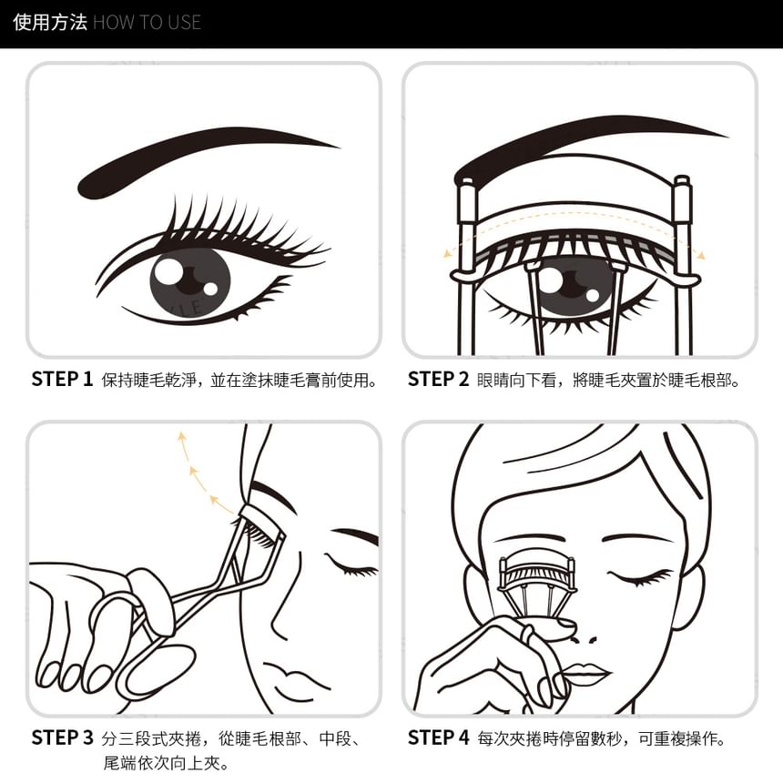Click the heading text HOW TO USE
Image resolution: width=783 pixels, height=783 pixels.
click(147, 23)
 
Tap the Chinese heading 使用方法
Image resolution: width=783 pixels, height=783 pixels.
click(49, 23)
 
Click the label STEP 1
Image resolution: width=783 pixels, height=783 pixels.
click(62, 379)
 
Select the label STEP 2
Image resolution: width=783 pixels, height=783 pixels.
click(438, 379)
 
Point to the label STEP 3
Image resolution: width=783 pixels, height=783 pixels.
click(62, 737)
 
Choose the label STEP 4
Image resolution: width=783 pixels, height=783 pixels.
click(439, 737)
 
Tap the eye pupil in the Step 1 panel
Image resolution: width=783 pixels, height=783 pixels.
click(190, 281)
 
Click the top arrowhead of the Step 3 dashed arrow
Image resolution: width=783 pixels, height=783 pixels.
click(182, 437)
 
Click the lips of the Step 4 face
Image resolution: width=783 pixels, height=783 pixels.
click(585, 673)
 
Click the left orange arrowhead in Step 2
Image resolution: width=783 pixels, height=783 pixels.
click(447, 253)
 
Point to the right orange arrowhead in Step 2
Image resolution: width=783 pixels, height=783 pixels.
click(701, 255)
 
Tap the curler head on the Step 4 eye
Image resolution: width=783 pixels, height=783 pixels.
click(538, 575)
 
